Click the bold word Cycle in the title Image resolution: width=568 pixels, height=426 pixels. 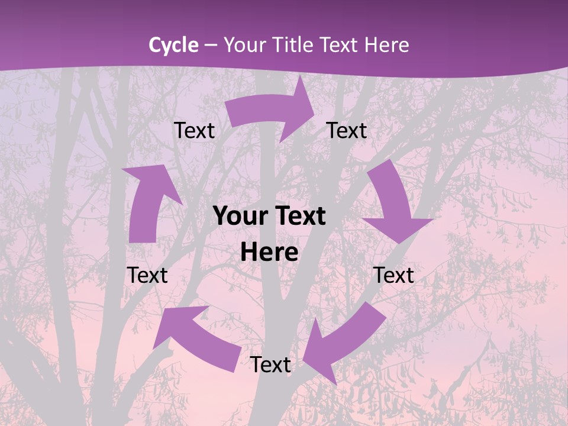(173, 45)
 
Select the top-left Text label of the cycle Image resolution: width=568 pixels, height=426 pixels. (194, 131)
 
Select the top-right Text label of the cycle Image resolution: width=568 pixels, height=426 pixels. (347, 131)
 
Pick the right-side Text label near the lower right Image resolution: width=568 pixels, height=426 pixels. (393, 275)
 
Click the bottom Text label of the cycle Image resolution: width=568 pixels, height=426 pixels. (270, 364)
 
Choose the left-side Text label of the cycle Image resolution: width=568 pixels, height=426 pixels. (147, 275)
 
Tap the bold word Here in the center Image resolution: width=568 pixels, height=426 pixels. (269, 253)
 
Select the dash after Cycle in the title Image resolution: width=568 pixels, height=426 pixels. (211, 45)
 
